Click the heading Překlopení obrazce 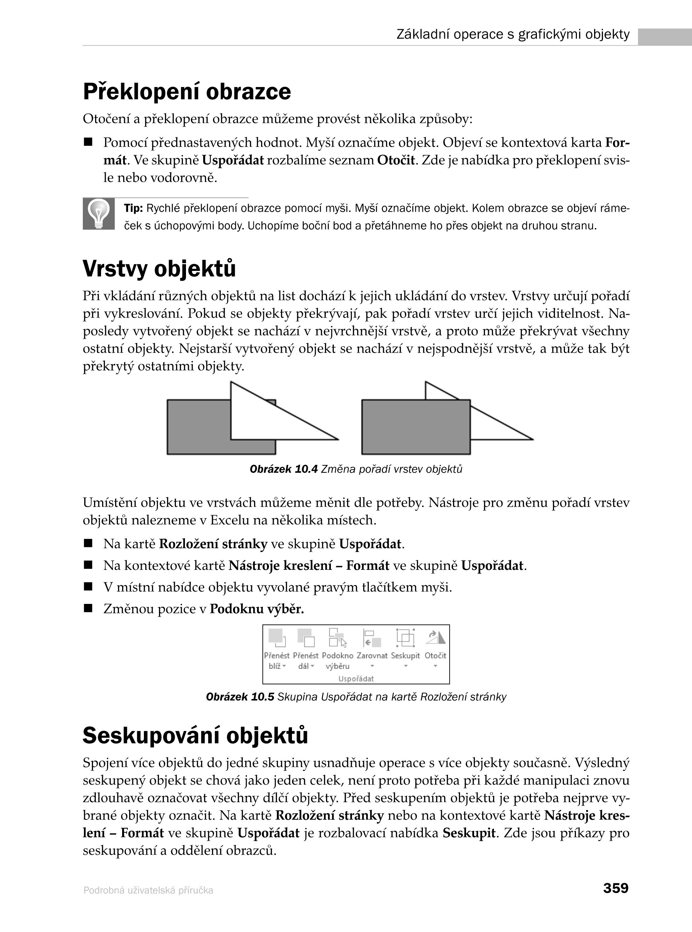click(187, 92)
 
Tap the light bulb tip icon click(99, 214)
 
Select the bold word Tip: click(134, 208)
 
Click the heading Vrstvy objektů click(159, 268)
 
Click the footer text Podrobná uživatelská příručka click(148, 890)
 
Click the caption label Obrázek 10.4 click(284, 469)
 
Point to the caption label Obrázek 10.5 click(240, 697)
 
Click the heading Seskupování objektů click(195, 735)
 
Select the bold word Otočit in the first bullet click(396, 160)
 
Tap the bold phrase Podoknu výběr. click(257, 608)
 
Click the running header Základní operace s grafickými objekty click(513, 34)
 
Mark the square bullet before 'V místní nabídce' click(88, 586)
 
